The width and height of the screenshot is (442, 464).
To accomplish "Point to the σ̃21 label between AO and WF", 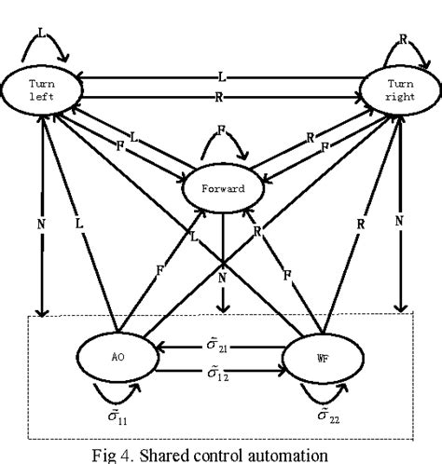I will point(221,346).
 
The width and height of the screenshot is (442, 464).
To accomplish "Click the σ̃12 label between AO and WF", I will point(221,375).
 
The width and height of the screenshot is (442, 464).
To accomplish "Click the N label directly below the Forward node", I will point(222,276).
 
